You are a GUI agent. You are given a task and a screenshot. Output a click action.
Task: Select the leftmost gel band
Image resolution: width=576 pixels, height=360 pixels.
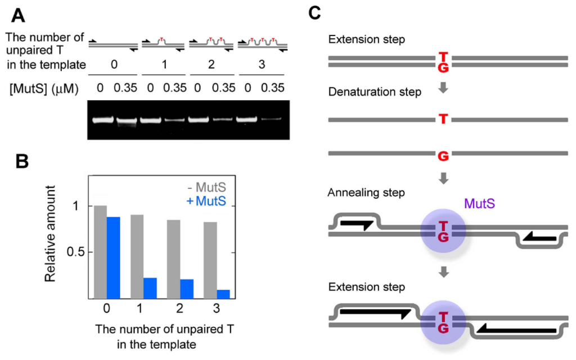coord(102,119)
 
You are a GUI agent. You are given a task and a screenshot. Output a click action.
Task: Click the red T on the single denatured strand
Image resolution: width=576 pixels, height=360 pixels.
coord(443,120)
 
